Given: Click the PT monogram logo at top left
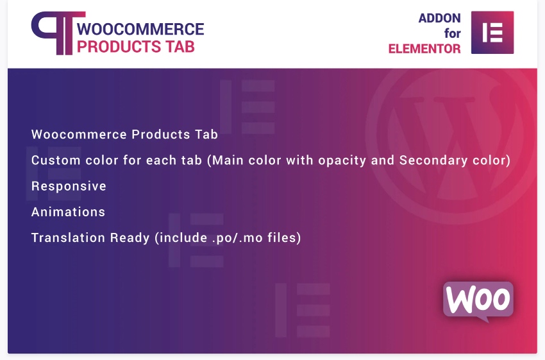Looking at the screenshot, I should (x=53, y=32).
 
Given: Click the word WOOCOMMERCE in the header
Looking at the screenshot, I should (x=140, y=29).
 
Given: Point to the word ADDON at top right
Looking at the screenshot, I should (x=439, y=19).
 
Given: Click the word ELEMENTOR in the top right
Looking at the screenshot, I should (x=424, y=49).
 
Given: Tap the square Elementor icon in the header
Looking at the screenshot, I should (x=492, y=32).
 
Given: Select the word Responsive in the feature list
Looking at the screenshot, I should (x=69, y=186).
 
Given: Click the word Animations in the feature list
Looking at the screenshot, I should (x=68, y=212).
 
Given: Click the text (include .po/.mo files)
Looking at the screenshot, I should (x=227, y=237).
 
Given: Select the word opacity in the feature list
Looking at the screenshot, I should (x=345, y=160).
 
